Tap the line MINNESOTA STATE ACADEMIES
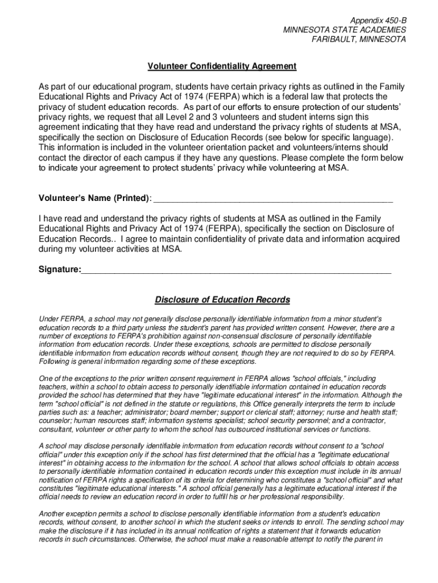(345, 30)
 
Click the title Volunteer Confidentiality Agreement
(222, 67)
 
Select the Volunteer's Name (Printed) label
(94, 199)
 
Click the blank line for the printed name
(273, 200)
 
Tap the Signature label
(60, 268)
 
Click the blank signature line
(236, 270)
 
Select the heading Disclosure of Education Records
(222, 300)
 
